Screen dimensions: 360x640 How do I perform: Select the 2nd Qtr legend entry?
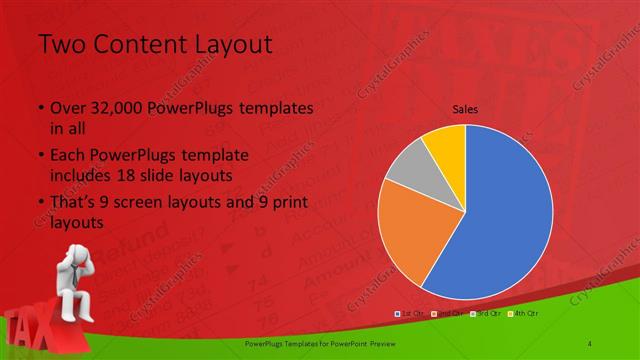pyautogui.click(x=444, y=315)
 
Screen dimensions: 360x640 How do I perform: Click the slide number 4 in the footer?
pyautogui.click(x=591, y=344)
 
